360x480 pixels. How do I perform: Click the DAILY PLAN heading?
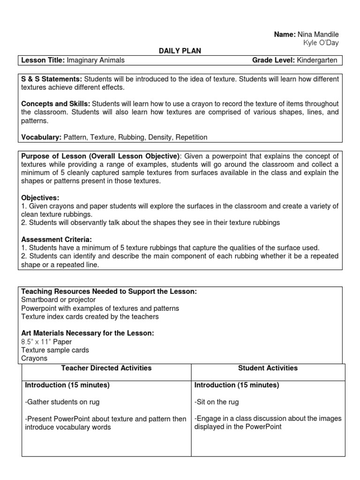click(180, 51)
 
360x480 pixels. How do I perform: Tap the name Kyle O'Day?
click(321, 43)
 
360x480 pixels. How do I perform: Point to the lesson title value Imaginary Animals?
click(96, 60)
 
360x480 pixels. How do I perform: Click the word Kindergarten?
click(317, 60)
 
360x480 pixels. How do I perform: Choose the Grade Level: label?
click(274, 60)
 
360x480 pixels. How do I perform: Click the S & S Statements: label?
click(52, 79)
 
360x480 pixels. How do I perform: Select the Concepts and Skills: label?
click(56, 103)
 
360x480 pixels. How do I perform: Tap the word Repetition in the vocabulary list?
click(190, 137)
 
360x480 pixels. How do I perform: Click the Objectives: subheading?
click(40, 198)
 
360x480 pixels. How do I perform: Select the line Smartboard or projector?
click(58, 300)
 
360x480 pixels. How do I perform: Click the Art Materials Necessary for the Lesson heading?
click(88, 333)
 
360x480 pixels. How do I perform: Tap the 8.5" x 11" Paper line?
click(46, 341)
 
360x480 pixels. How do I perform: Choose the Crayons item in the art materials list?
click(34, 358)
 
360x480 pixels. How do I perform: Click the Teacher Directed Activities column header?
click(106, 368)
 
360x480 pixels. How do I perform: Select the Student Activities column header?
click(268, 368)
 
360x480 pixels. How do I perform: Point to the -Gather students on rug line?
click(62, 402)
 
